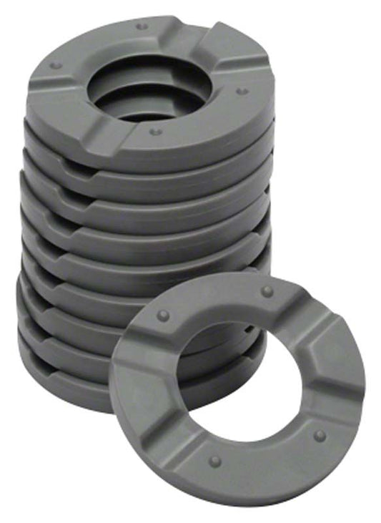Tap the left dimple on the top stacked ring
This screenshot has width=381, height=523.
[55, 65]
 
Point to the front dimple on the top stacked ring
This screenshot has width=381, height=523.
[152, 132]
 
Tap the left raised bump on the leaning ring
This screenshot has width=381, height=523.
[164, 315]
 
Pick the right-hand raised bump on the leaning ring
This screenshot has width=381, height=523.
[320, 435]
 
